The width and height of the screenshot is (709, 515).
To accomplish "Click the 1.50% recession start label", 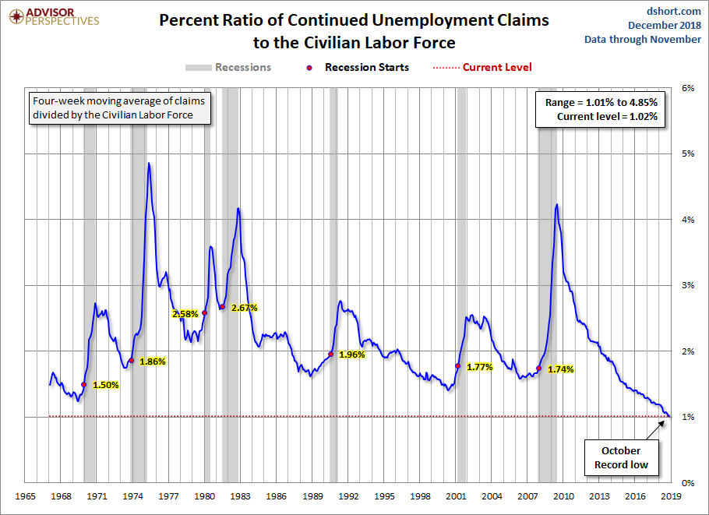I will tap(106, 385).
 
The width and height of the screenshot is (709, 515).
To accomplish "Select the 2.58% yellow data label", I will tap(185, 314).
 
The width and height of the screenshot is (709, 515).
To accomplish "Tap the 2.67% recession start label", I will tap(244, 308).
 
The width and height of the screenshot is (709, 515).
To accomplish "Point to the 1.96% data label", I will tap(352, 355).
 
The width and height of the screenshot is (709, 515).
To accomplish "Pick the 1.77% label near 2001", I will tap(479, 367).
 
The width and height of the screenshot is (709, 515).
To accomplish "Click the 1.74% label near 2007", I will tap(560, 369).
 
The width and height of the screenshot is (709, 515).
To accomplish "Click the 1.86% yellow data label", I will tap(153, 362).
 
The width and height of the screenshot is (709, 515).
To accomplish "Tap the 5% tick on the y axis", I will tap(689, 153).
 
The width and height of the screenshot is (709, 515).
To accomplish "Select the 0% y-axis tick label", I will tap(689, 483).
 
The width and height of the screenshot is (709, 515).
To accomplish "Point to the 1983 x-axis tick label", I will tap(241, 496).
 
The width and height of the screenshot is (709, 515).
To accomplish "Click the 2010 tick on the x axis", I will tap(563, 496).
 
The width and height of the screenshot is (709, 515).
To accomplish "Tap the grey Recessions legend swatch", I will tap(198, 67).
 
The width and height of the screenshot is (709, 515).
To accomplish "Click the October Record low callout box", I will tap(621, 457).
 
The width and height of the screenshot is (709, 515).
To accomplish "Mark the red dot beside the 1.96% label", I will tap(331, 355).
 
